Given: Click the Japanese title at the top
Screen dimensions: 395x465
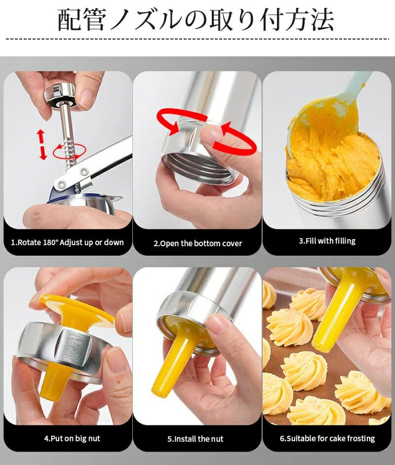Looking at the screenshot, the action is [x=196, y=20].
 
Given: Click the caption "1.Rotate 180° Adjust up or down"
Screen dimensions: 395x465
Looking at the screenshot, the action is [x=67, y=242].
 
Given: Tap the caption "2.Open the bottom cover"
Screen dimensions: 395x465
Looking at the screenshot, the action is [x=197, y=244].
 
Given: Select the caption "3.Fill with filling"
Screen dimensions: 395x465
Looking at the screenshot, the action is [x=327, y=241].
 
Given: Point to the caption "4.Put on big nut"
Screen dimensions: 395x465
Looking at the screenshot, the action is [x=72, y=438].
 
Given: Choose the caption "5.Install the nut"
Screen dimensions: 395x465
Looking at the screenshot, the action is [x=195, y=439].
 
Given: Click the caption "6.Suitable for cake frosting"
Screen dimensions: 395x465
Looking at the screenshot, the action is [x=327, y=438].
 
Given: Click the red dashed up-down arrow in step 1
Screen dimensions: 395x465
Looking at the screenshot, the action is [x=42, y=144].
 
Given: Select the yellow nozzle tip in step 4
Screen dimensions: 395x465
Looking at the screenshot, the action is [x=53, y=381].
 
